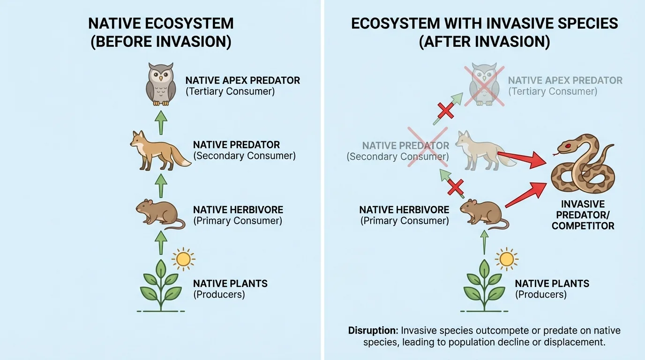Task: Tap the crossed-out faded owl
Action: pos(484,86)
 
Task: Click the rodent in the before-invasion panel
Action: pos(158,214)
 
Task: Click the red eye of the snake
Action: pos(568,146)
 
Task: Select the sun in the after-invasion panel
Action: pos(506,259)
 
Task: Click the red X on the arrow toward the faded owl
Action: pos(446,111)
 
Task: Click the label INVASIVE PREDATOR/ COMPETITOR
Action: pos(583,215)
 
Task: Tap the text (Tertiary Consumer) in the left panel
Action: pos(230,91)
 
